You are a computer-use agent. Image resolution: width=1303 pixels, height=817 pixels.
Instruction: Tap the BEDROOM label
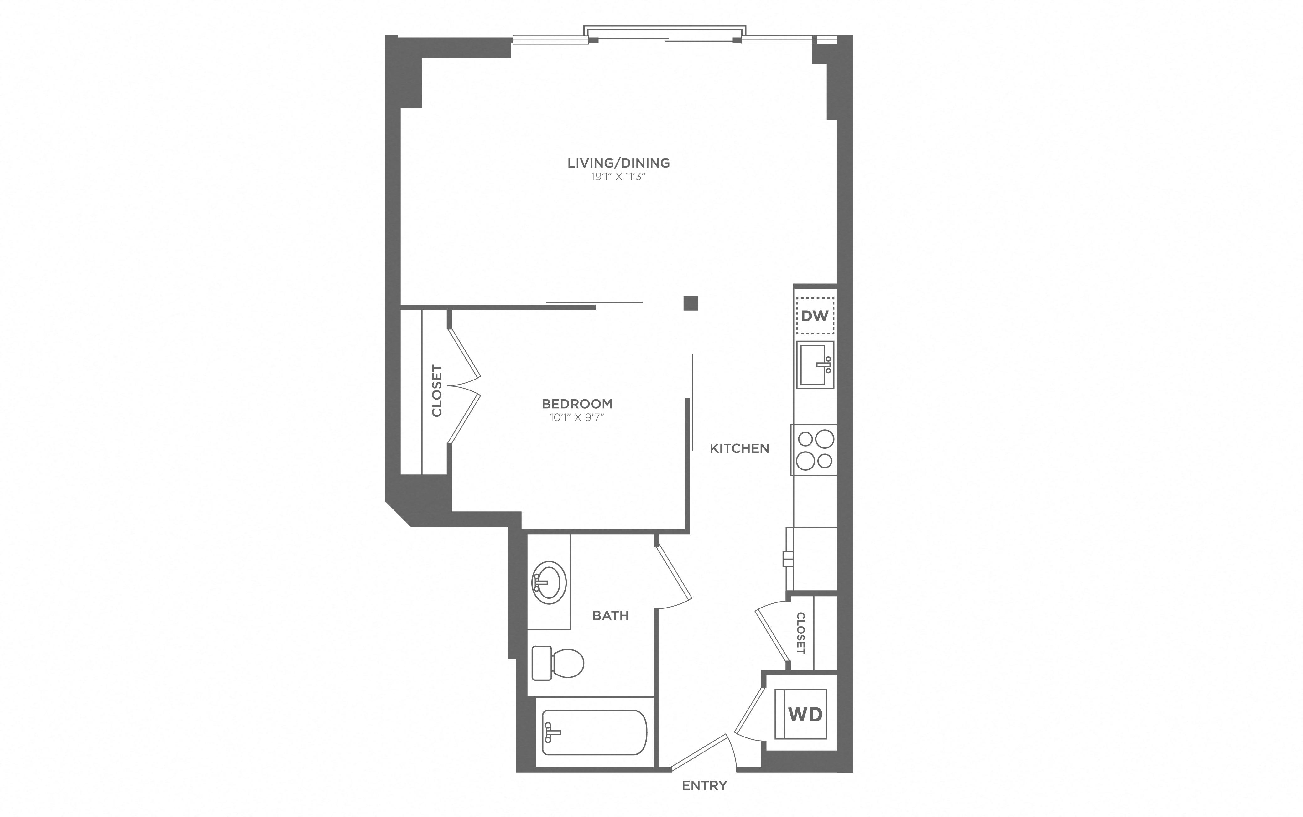click(577, 404)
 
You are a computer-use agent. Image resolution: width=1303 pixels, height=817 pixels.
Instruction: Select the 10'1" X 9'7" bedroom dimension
click(577, 417)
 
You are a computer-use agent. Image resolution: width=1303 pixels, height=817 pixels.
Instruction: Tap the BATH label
click(610, 615)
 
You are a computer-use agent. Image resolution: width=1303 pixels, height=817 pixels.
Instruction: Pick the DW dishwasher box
click(815, 316)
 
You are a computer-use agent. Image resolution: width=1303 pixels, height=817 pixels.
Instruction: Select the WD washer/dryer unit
click(805, 714)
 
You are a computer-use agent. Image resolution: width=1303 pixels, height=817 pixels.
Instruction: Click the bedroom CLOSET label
click(437, 391)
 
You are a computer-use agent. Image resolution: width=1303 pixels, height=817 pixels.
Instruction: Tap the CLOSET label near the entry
click(801, 633)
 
